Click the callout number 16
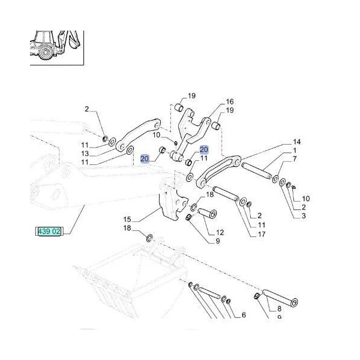[x=230, y=102]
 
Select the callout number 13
[x=85, y=154]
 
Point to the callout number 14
[x=296, y=142]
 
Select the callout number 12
[x=220, y=232]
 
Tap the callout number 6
[x=244, y=315]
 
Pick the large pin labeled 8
[x=280, y=297]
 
